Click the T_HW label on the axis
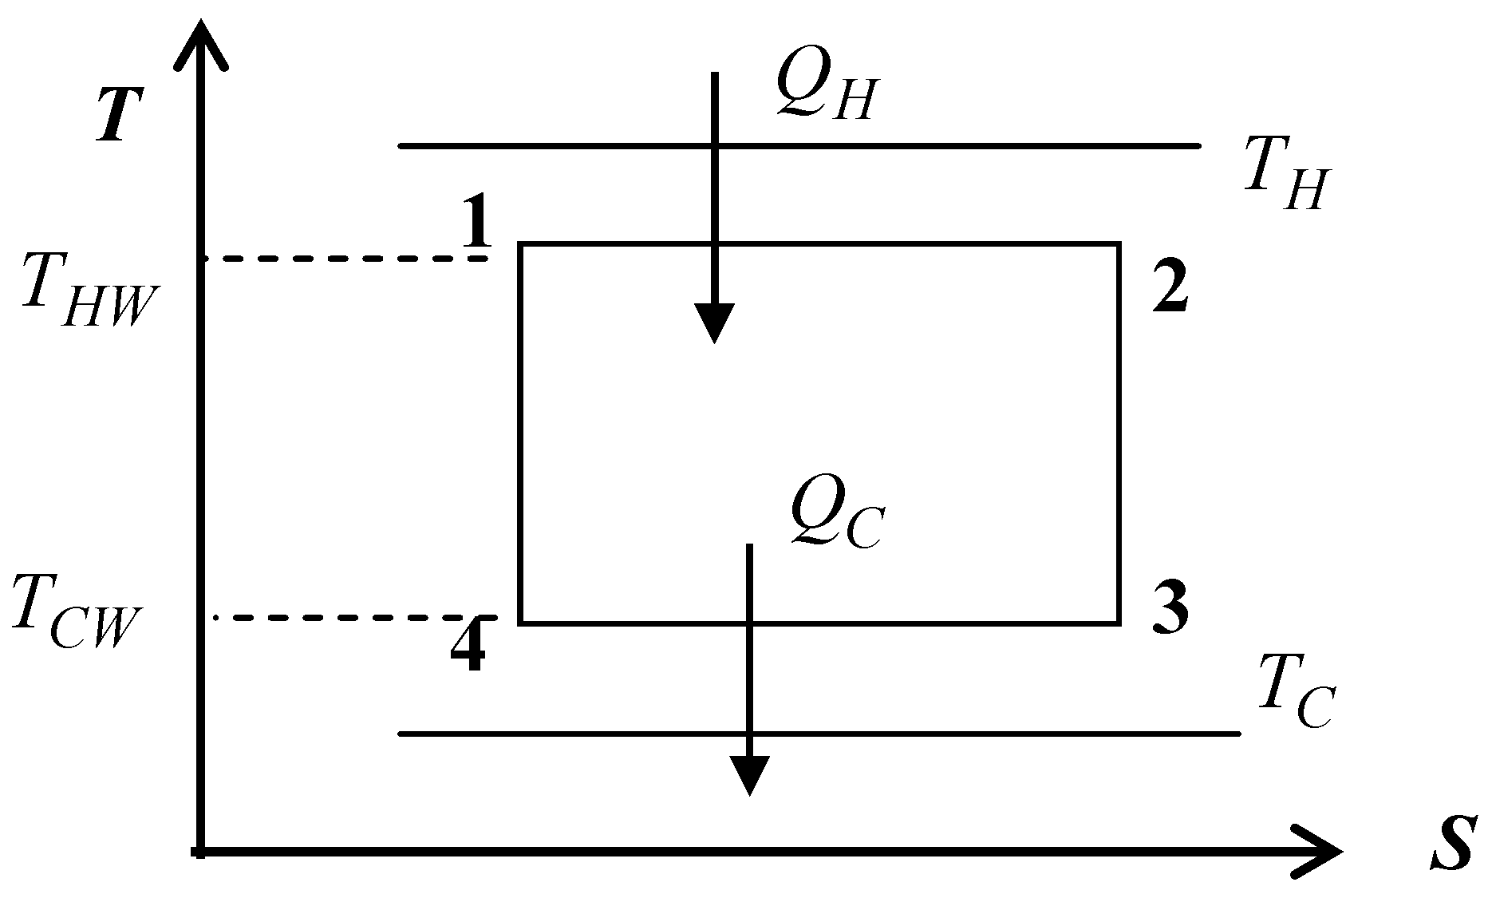point(87,291)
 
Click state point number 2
point(1170,288)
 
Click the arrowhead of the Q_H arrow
point(714,323)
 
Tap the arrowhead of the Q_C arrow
point(748,775)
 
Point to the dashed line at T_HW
point(345,259)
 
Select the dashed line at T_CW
point(356,618)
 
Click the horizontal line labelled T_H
point(799,146)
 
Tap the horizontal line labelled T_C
point(819,734)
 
